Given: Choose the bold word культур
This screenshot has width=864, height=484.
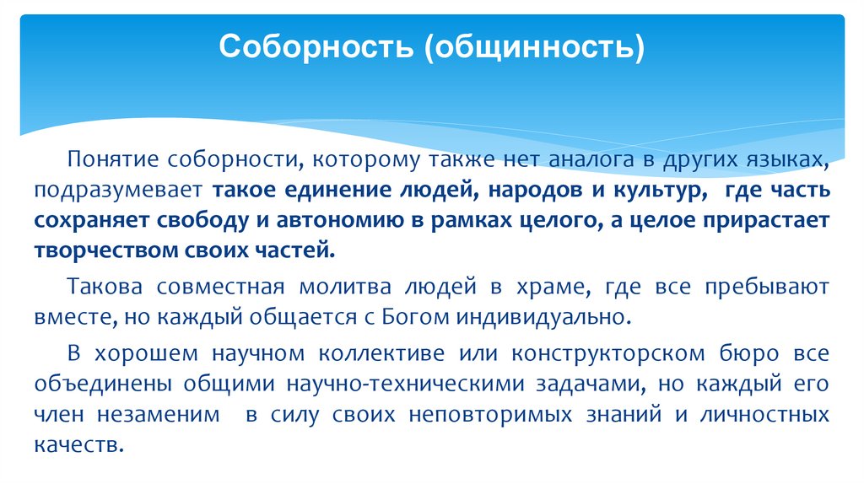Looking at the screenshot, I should (660, 190).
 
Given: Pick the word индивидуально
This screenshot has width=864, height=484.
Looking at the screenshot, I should (543, 319).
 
